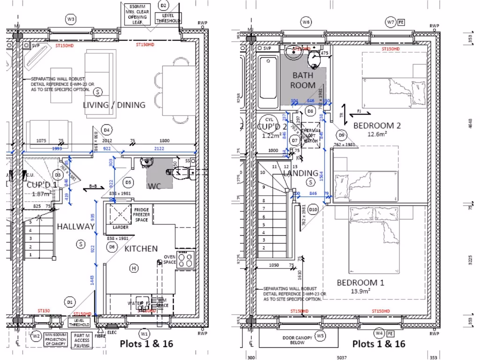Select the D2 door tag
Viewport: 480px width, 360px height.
(x=163, y=6)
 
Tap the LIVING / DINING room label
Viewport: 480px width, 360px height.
(x=114, y=105)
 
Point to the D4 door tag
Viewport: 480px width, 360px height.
(x=106, y=130)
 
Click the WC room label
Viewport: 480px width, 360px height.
(x=155, y=186)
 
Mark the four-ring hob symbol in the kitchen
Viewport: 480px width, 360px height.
(x=186, y=259)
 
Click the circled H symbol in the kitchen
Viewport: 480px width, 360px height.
(x=134, y=268)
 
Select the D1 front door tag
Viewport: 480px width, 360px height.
(x=69, y=302)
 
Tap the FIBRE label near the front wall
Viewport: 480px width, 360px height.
(x=99, y=336)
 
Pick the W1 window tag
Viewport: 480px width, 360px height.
(x=145, y=333)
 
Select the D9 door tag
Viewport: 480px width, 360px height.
(x=341, y=135)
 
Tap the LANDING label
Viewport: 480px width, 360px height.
(x=300, y=173)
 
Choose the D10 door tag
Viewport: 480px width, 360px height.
(x=314, y=209)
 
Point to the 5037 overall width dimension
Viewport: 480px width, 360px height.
(x=342, y=357)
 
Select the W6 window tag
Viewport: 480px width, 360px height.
(x=306, y=22)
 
